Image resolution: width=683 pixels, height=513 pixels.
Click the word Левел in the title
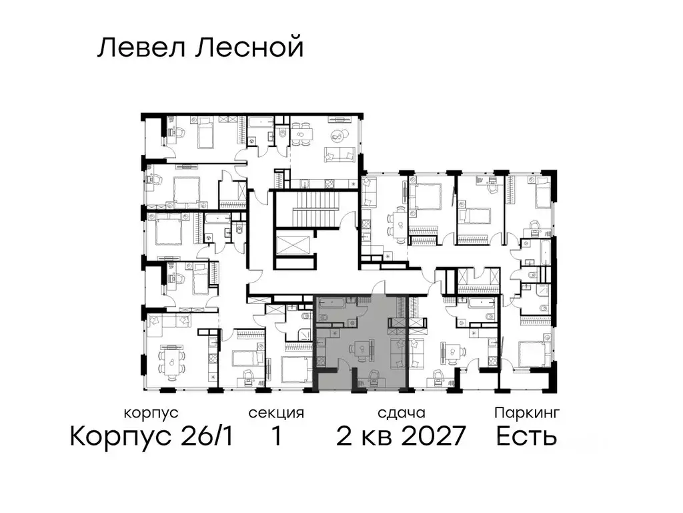137,48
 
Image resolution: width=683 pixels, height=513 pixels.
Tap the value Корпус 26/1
151,437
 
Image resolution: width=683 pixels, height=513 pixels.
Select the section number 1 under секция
275,437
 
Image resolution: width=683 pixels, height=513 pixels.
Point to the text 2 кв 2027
400,437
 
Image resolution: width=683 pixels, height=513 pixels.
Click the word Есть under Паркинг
526,437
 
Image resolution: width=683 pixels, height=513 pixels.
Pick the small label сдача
400,413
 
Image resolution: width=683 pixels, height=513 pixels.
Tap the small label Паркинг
526,413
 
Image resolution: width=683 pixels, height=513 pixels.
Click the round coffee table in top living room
338,136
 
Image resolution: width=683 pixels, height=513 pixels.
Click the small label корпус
151,413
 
